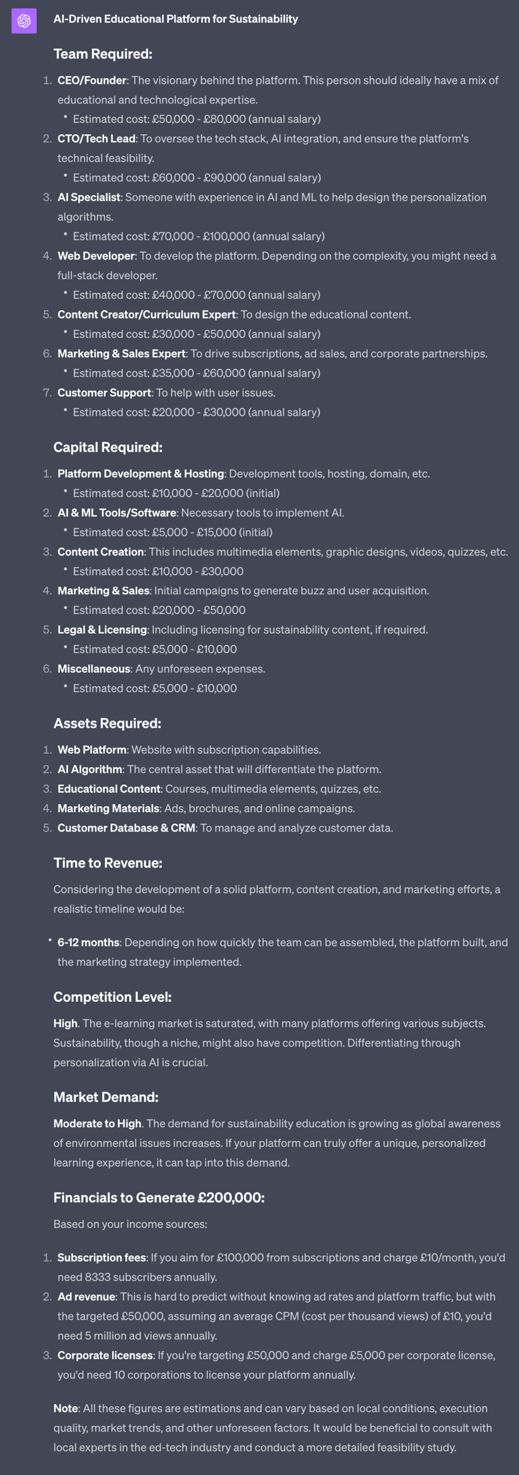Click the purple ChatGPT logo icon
point(24,21)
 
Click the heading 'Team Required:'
point(103,54)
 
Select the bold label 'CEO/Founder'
point(92,80)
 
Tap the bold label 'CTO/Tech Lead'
point(96,139)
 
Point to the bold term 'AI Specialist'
point(89,197)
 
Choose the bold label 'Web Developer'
point(96,256)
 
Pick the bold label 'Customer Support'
point(104,393)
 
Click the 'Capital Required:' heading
point(108,447)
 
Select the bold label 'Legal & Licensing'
point(102,630)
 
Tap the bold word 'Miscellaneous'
point(94,669)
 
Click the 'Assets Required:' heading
point(107,723)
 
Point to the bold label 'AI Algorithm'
point(90,769)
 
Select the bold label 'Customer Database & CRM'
point(126,828)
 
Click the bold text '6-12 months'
point(88,942)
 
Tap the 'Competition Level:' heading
point(112,997)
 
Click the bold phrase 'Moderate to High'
point(98,1123)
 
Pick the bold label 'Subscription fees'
point(102,1258)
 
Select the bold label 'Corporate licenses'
point(106,1355)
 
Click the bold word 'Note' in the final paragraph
point(65,1409)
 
